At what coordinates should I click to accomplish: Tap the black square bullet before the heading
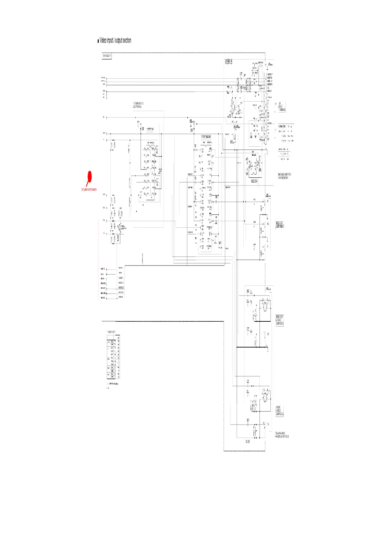click(98, 41)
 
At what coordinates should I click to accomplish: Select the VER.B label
click(228, 62)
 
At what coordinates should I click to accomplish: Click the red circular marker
click(89, 177)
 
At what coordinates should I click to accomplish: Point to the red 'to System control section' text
click(89, 189)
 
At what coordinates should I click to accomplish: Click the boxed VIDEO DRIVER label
click(206, 137)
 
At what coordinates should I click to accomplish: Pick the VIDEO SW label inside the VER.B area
click(254, 181)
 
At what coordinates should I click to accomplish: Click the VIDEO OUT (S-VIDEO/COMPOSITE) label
click(279, 320)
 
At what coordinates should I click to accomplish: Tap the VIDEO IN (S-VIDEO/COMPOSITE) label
click(279, 411)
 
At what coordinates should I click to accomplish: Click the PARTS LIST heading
click(111, 332)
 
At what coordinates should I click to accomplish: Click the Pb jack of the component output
click(265, 224)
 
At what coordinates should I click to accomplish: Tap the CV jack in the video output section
click(265, 334)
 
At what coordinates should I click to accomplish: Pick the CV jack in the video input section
click(265, 424)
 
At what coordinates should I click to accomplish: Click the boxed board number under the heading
click(107, 56)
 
